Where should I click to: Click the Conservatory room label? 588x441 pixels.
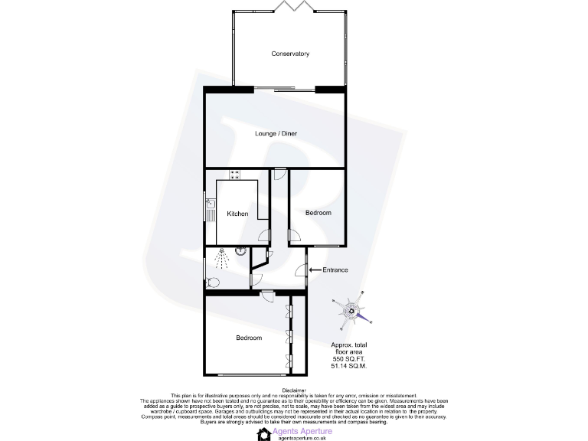coord(290,54)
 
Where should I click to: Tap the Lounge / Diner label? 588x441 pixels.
coord(276,134)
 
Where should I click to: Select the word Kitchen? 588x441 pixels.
coord(237,214)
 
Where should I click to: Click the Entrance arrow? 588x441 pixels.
coord(315,269)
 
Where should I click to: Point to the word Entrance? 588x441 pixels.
coord(335,269)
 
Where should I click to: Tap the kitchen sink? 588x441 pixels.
coord(211,208)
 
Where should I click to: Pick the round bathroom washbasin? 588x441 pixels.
coord(240,250)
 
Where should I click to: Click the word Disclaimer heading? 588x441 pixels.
coord(294,390)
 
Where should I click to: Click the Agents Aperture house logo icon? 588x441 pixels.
coord(264,434)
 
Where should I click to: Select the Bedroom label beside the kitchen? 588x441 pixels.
coord(318,213)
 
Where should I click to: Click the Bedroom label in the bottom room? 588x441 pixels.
coord(249,338)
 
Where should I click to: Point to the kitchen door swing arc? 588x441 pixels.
coord(263,234)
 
